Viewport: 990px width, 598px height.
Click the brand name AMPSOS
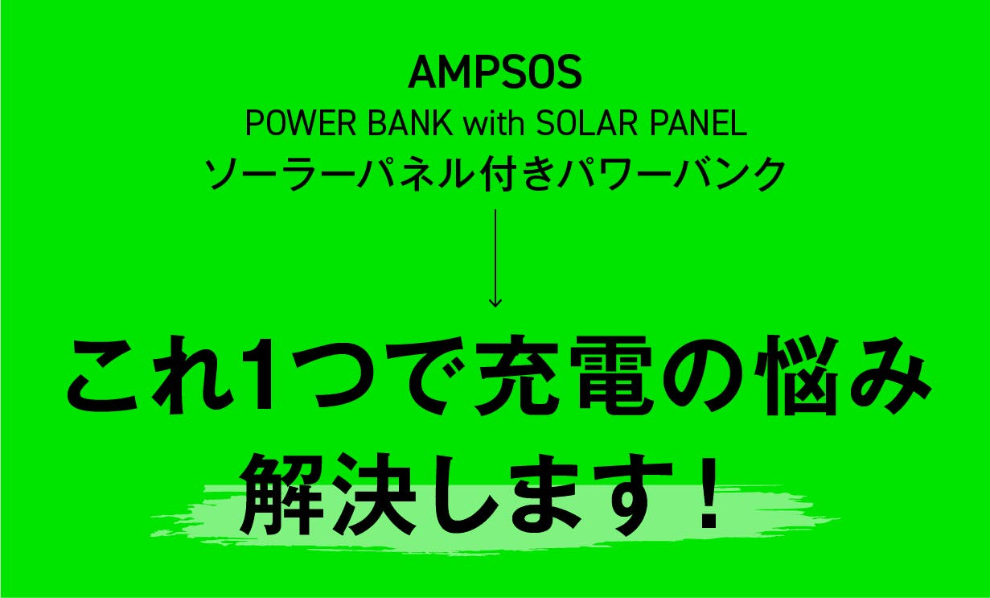(495, 73)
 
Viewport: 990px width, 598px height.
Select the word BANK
(409, 123)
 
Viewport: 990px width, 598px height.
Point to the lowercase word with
(493, 123)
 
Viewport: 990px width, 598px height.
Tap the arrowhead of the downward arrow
(495, 302)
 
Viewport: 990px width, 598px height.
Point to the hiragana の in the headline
(707, 376)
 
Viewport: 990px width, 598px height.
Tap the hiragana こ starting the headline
(109, 376)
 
